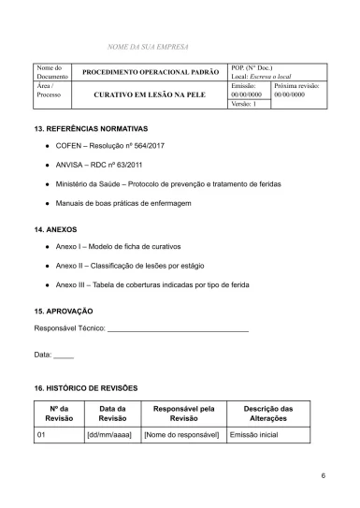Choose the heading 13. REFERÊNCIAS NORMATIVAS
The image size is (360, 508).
pyautogui.click(x=91, y=127)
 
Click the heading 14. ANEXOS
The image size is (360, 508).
pyautogui.click(x=55, y=228)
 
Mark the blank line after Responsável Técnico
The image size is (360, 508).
pyautogui.click(x=178, y=330)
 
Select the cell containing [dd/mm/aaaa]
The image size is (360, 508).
pyautogui.click(x=108, y=435)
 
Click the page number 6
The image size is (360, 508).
pyautogui.click(x=323, y=476)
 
